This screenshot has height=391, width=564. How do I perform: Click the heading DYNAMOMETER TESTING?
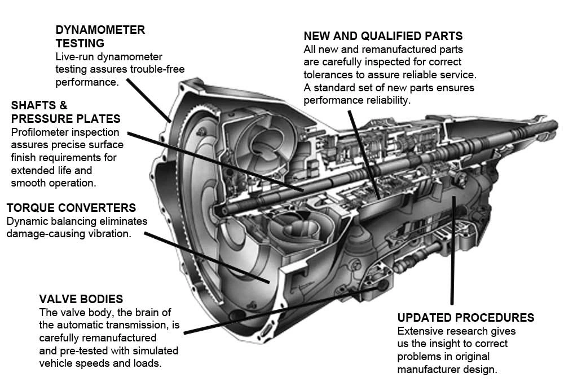100,36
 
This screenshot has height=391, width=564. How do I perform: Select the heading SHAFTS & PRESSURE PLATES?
65,112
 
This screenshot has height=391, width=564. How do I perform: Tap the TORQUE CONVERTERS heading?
71,208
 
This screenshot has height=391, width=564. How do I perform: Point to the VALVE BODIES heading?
81,299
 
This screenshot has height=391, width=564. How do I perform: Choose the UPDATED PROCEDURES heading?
466,317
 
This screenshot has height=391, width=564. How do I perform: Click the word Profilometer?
39,132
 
